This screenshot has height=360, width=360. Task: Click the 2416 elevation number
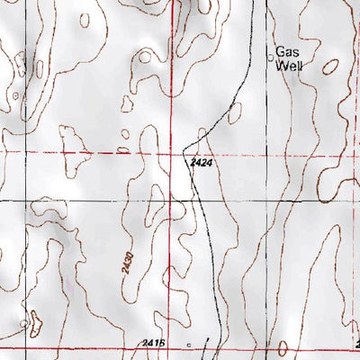tap(154, 343)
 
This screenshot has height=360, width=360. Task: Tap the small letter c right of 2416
tap(189, 344)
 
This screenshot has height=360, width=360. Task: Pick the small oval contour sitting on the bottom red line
tap(284, 347)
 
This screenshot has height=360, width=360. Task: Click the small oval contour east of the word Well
tap(332, 66)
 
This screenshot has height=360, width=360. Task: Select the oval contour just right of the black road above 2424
tap(235, 113)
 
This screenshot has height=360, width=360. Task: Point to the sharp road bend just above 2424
tap(185, 147)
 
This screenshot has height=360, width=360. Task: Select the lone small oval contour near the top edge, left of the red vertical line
tap(85, 19)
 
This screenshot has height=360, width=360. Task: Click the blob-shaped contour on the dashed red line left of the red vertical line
tap(71, 144)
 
